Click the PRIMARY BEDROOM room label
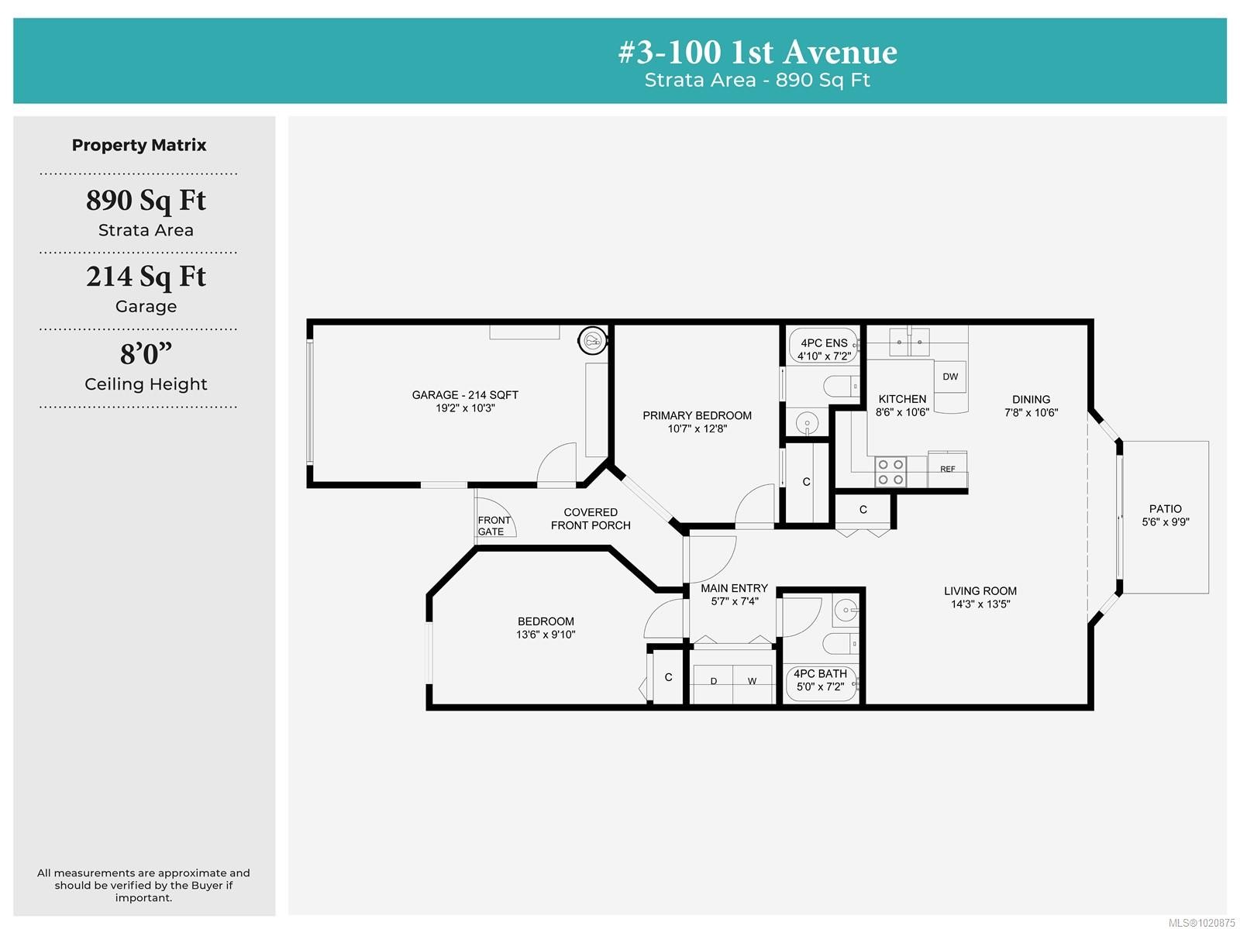tap(697, 415)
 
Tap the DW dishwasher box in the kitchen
tap(950, 377)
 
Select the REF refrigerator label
tap(947, 469)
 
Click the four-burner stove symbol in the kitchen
tap(890, 472)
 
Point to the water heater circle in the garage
tap(593, 339)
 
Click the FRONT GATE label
tap(494, 525)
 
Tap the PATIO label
tap(1165, 508)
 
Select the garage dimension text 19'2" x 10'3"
tap(465, 408)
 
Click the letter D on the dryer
tap(714, 681)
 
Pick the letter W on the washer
tap(752, 681)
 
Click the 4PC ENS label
tap(824, 342)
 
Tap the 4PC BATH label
tap(820, 673)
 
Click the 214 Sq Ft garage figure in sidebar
tap(146, 277)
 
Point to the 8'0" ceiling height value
tap(146, 354)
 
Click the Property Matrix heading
tap(139, 145)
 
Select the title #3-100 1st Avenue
tap(757, 52)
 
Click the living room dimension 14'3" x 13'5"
tap(980, 604)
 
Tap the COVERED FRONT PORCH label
tap(591, 518)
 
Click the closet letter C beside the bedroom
tap(668, 677)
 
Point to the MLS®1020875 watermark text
tap(1200, 922)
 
